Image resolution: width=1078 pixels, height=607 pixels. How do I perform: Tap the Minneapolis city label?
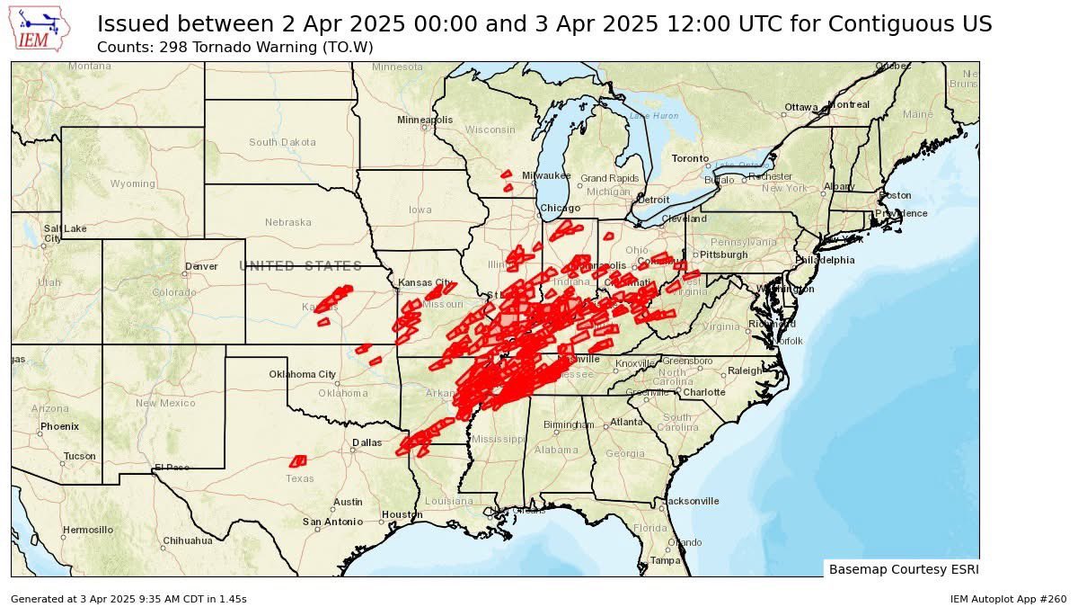425,120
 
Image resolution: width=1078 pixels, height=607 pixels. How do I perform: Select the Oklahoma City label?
303,374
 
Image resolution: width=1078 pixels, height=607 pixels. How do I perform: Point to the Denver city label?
200,266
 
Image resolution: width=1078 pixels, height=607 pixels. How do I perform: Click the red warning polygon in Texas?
298,461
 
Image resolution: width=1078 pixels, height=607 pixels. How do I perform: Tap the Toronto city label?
690,159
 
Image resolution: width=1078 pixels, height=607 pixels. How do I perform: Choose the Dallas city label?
367,442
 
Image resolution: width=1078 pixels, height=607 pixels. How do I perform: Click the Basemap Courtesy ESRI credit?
903,569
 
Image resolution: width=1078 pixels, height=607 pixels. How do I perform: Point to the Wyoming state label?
132,183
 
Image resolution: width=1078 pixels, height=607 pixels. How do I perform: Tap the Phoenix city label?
59,426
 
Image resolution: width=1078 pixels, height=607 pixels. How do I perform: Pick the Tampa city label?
666,560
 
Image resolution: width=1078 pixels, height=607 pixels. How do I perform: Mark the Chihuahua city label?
187,541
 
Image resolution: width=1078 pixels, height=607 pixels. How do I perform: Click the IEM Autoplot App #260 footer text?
1008,599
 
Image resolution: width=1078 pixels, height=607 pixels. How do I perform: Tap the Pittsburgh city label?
723,254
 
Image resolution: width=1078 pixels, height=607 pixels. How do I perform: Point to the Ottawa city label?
800,107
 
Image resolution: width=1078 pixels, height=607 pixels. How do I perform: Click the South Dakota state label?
282,142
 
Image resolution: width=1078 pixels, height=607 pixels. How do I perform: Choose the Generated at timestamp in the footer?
128,599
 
